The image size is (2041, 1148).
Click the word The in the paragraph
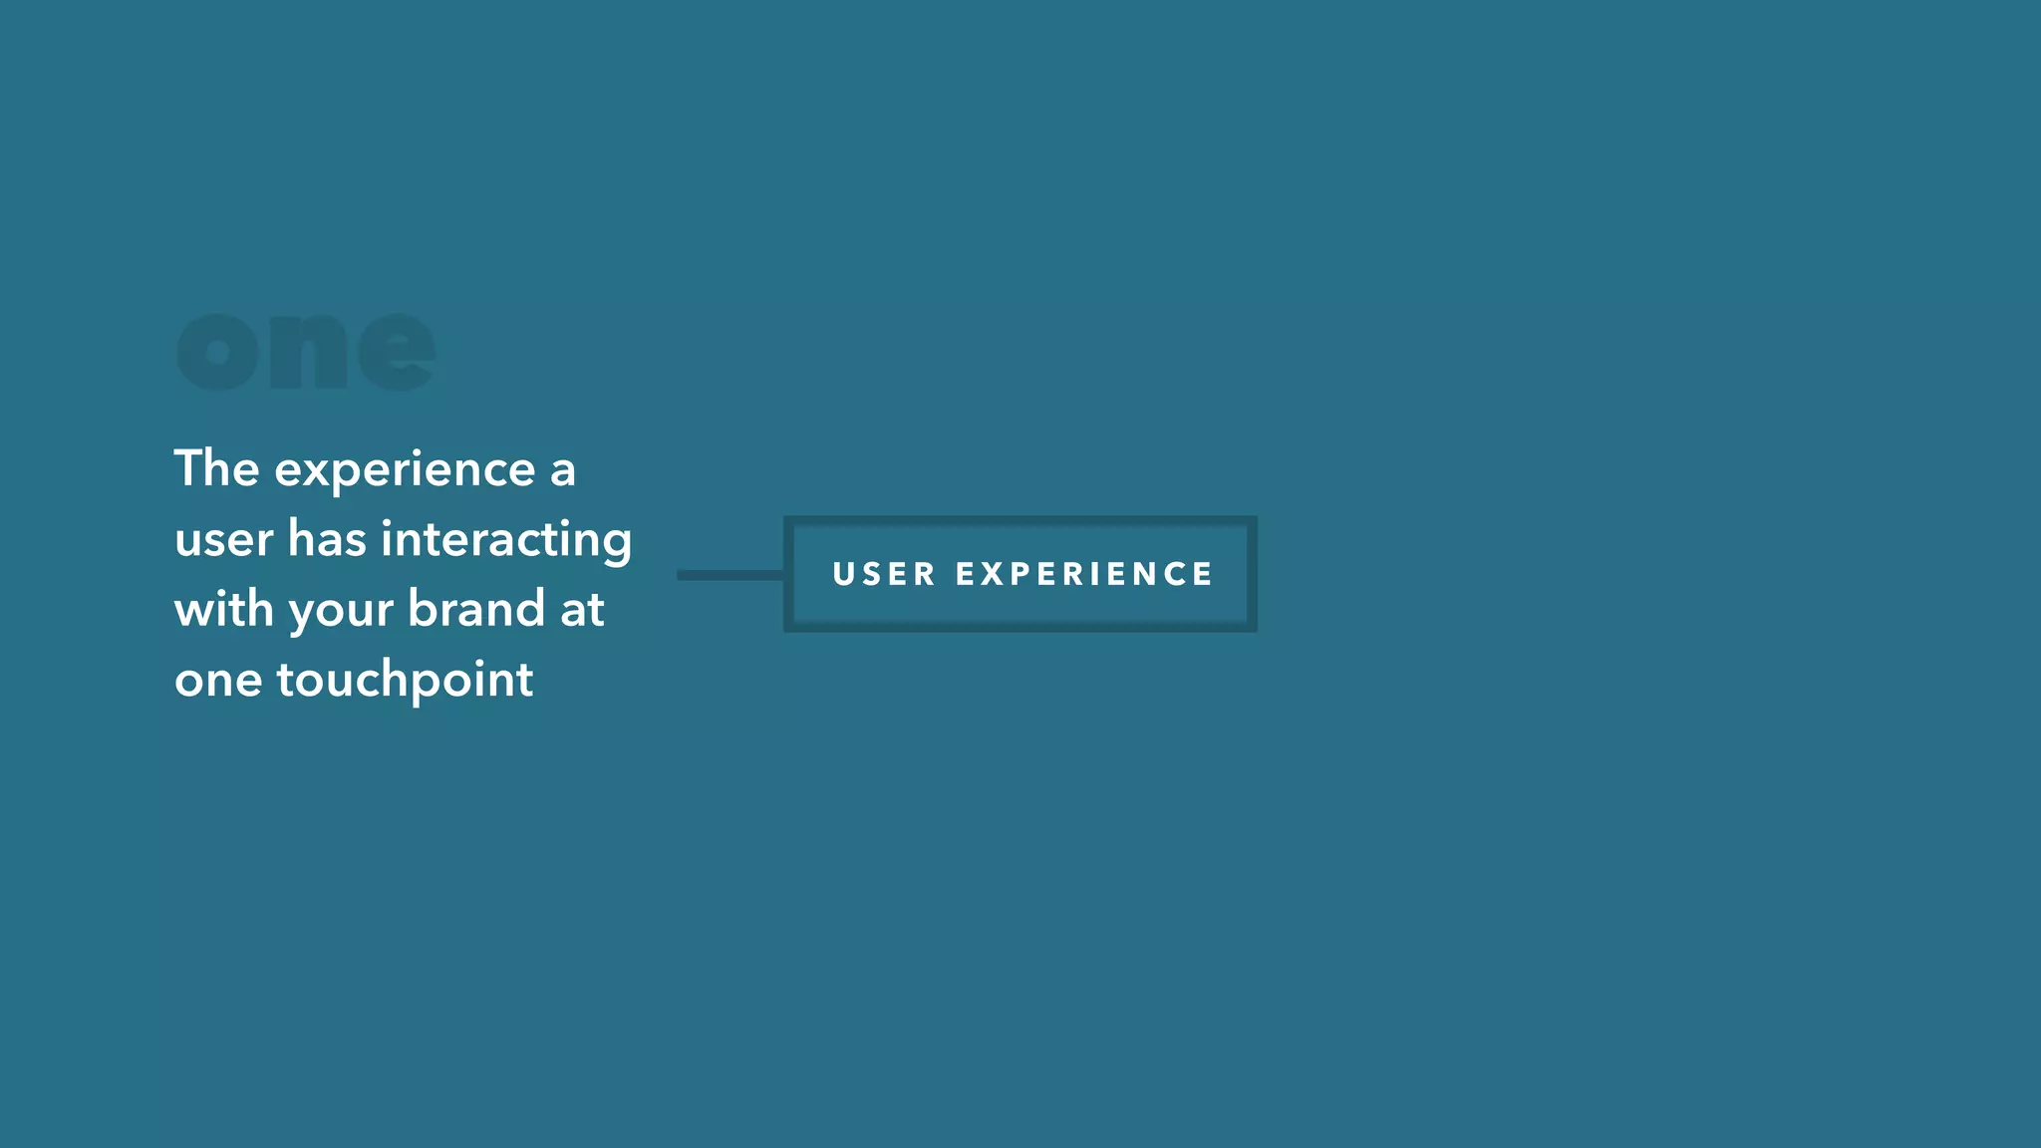pyautogui.click(x=216, y=468)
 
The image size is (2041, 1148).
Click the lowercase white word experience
pyautogui.click(x=405, y=470)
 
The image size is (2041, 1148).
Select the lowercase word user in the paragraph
pyautogui.click(x=223, y=540)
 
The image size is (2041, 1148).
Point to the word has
pyautogui.click(x=327, y=539)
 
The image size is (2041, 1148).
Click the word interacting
pyautogui.click(x=506, y=540)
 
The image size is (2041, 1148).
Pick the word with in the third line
pyautogui.click(x=223, y=609)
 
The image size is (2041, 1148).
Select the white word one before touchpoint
pyautogui.click(x=218, y=681)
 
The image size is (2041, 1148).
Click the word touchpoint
pyautogui.click(x=405, y=681)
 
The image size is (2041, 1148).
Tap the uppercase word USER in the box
pyautogui.click(x=884, y=574)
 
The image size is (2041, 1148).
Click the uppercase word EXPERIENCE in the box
pyautogui.click(x=1084, y=574)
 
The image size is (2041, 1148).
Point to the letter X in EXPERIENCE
pyautogui.click(x=993, y=574)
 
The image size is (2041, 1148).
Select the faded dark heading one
pyautogui.click(x=306, y=352)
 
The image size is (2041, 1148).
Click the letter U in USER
pyautogui.click(x=842, y=574)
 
